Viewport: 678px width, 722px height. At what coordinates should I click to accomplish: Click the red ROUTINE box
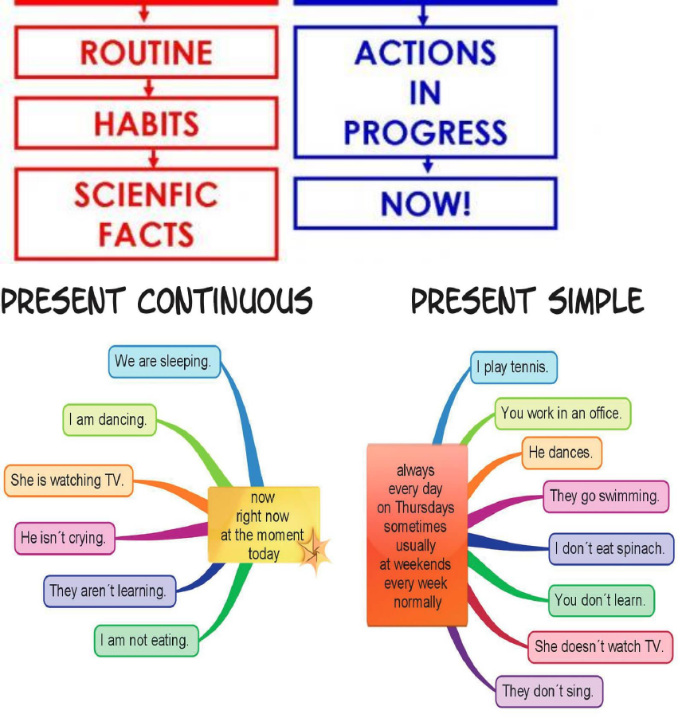click(x=146, y=53)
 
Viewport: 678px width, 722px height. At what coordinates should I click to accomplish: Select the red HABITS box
click(x=146, y=124)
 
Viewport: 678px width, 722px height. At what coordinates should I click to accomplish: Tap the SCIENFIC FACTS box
click(x=146, y=214)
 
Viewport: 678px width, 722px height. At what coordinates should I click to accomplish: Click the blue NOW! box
click(x=425, y=203)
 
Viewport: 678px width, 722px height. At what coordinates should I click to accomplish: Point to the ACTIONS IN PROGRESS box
click(x=425, y=92)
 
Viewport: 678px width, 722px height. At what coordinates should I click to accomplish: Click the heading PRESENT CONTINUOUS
click(x=157, y=301)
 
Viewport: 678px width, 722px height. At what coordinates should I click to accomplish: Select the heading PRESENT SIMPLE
click(x=527, y=301)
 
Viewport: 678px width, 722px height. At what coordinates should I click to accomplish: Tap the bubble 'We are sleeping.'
click(x=163, y=362)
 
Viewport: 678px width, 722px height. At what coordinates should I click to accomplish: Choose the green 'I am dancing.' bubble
click(x=108, y=420)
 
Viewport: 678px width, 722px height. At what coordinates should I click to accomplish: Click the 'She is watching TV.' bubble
click(x=68, y=481)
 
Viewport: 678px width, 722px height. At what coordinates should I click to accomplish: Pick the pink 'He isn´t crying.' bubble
click(x=63, y=538)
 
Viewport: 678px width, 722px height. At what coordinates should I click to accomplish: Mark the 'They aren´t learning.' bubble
click(x=108, y=591)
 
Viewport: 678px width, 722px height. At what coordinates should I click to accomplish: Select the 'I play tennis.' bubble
click(x=512, y=367)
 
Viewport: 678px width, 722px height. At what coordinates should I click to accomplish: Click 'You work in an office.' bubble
click(x=562, y=414)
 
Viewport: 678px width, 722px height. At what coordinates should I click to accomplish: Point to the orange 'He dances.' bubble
click(x=561, y=453)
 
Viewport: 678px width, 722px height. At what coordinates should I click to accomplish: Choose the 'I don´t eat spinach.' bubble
click(x=611, y=549)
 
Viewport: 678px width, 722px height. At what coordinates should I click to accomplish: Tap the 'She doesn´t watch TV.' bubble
click(x=599, y=646)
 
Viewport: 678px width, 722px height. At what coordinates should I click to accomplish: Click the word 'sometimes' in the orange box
click(x=415, y=527)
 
